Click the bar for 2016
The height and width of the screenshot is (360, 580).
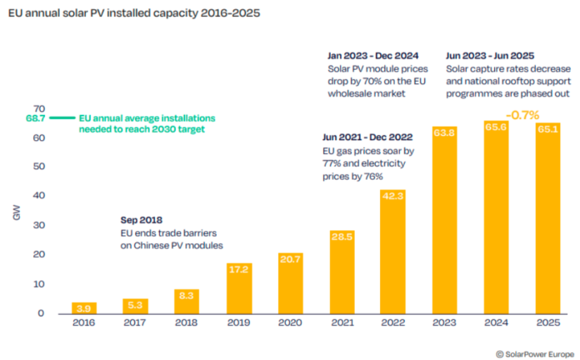(x=84, y=308)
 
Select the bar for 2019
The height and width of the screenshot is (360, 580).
(x=238, y=288)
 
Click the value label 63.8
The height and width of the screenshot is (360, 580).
(x=444, y=132)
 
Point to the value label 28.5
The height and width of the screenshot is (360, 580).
(x=342, y=237)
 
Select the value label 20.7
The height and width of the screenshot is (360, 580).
(x=290, y=260)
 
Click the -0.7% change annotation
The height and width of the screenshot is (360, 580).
(x=522, y=115)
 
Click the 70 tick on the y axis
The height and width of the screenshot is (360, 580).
(x=37, y=109)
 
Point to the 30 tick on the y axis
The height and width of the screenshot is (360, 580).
(x=37, y=226)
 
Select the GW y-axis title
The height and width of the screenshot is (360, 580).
(x=17, y=214)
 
